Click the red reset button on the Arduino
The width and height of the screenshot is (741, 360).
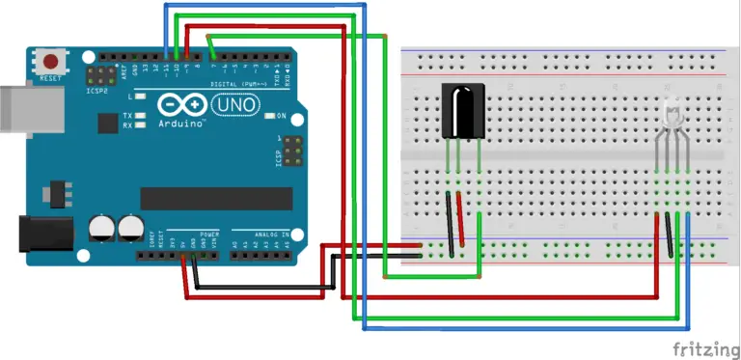pyautogui.click(x=50, y=62)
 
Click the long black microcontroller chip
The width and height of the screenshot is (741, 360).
pyautogui.click(x=216, y=198)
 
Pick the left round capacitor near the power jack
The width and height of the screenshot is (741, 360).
pyautogui.click(x=100, y=228)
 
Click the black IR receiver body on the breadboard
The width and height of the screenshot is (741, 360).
pyautogui.click(x=462, y=112)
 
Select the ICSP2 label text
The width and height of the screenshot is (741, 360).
pyautogui.click(x=96, y=93)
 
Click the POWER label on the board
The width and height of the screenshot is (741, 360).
pyautogui.click(x=209, y=235)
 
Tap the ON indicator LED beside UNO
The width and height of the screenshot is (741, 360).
pyautogui.click(x=269, y=116)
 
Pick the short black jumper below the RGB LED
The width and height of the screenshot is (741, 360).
pyautogui.click(x=670, y=235)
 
